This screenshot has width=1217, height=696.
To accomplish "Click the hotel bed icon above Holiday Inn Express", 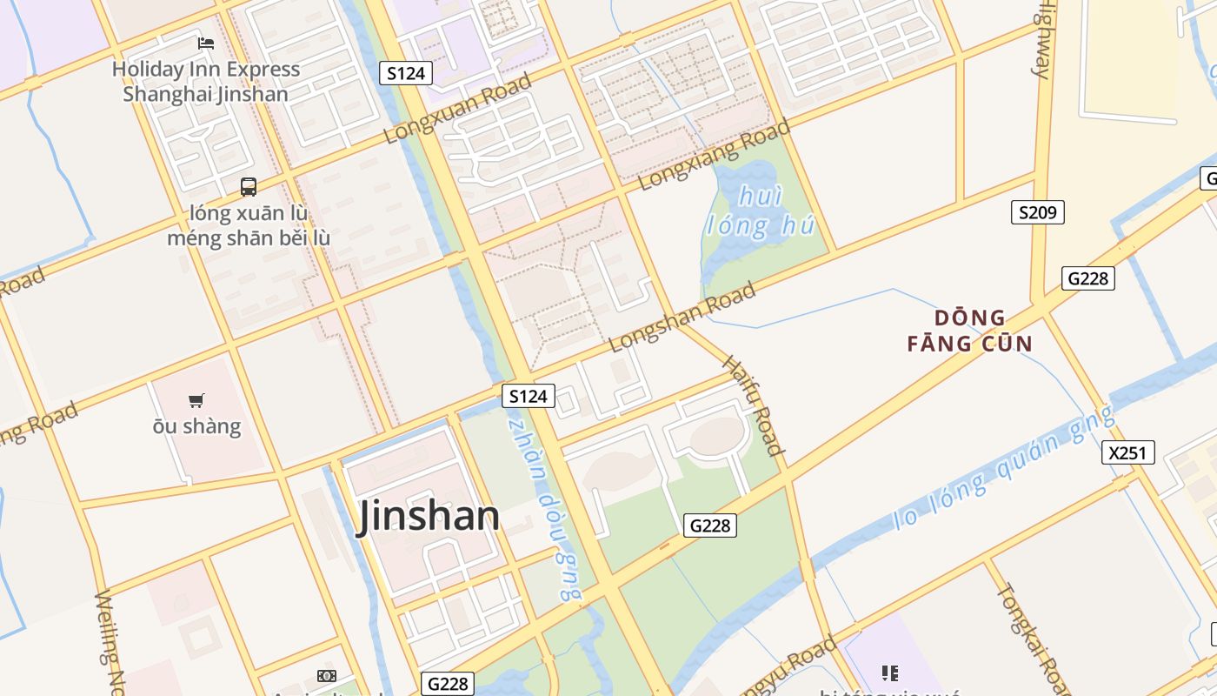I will [x=206, y=43].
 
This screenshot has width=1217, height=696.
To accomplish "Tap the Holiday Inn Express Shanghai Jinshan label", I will [x=206, y=82].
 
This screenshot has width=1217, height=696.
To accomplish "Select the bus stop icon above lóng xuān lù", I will [x=249, y=186].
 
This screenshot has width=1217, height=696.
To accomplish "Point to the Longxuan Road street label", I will [x=457, y=109].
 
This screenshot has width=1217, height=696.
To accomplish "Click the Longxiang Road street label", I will [x=715, y=155].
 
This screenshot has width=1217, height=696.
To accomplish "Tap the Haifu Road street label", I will [x=753, y=405].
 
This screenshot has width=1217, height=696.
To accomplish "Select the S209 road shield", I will [x=1037, y=211].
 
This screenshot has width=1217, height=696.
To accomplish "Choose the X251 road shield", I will [x=1129, y=452].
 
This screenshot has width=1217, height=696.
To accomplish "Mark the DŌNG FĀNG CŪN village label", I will [x=970, y=331].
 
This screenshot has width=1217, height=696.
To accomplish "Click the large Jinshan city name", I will [x=429, y=516].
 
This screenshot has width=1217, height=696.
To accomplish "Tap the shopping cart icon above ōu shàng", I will [x=196, y=401].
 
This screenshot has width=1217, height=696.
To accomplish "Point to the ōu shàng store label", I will [x=196, y=426].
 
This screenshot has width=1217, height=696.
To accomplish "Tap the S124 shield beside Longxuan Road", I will [x=406, y=73].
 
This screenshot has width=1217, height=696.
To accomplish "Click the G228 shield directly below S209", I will [x=1087, y=278].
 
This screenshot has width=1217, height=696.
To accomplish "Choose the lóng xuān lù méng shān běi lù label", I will [x=249, y=225].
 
